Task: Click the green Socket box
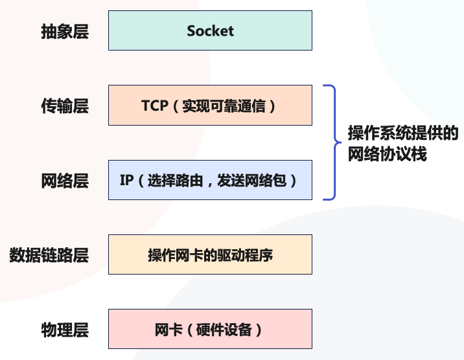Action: (x=210, y=30)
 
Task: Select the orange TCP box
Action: (x=210, y=105)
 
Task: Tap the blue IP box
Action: (x=210, y=180)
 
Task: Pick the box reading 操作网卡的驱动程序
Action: (x=210, y=254)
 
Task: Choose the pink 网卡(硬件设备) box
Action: (x=210, y=329)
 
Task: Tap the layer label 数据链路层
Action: (x=49, y=255)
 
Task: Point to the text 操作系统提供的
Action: (x=403, y=133)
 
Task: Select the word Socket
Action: (x=210, y=30)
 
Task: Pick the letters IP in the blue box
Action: (x=126, y=180)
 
